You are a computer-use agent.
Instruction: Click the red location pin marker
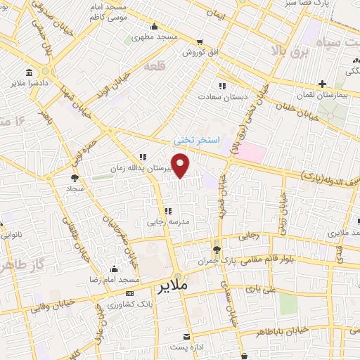[181, 167]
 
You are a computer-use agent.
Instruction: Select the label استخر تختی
[197, 140]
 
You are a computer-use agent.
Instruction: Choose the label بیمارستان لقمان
[323, 94]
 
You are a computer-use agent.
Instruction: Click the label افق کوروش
[201, 52]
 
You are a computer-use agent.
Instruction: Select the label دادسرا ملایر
[27, 83]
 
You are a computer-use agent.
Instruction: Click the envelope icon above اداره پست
[186, 337]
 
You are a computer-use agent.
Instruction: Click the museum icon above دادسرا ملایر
[28, 72]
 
